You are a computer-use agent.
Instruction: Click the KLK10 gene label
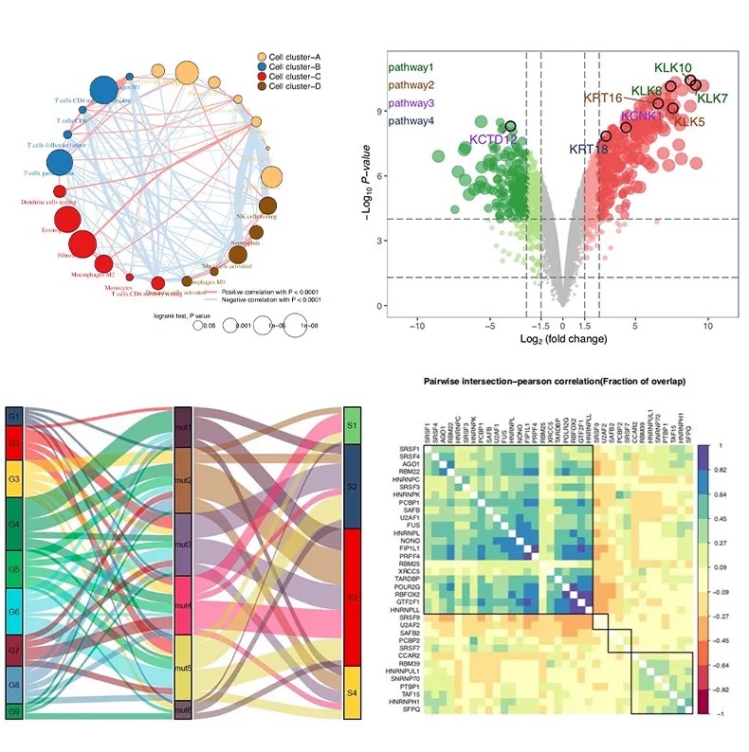click(x=673, y=68)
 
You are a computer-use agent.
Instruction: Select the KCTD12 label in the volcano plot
click(x=494, y=140)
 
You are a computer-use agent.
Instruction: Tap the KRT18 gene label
click(x=588, y=149)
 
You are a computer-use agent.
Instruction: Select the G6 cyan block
click(x=13, y=613)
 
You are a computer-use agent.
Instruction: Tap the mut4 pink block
click(x=184, y=604)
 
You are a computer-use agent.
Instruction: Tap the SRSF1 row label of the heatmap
click(x=409, y=449)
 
